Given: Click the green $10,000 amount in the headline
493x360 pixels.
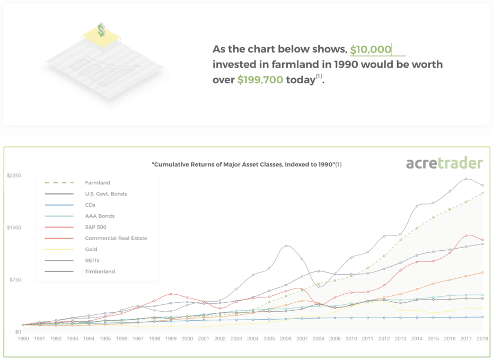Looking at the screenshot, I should click(371, 50).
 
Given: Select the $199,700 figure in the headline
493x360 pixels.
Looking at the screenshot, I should click(260, 80).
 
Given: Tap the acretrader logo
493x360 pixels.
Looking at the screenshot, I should click(444, 163).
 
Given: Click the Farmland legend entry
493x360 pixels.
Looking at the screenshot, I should click(98, 183).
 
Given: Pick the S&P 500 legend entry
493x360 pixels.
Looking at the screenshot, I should click(96, 227).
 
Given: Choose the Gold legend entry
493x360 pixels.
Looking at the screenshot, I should click(91, 249).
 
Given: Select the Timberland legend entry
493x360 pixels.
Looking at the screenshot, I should click(100, 271).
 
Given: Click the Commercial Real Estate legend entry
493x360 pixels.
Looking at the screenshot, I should click(116, 238).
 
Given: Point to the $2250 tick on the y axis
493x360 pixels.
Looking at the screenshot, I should click(14, 175).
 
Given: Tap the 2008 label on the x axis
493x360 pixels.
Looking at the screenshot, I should click(318, 338).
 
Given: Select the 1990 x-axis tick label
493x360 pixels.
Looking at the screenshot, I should click(23, 338).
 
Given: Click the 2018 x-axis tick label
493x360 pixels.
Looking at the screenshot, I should click(482, 338).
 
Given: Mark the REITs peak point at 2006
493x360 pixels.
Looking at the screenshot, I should click(286, 245).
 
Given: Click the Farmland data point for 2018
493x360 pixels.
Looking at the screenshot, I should click(482, 193).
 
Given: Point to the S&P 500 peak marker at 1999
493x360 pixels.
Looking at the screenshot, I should click(171, 294).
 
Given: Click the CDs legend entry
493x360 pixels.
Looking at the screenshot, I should click(90, 205).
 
